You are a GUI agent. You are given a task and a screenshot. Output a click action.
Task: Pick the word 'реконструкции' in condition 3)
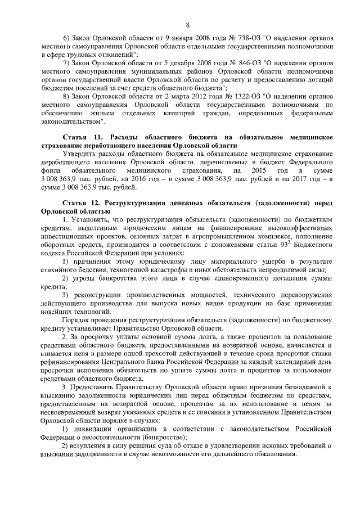click(94, 296)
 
